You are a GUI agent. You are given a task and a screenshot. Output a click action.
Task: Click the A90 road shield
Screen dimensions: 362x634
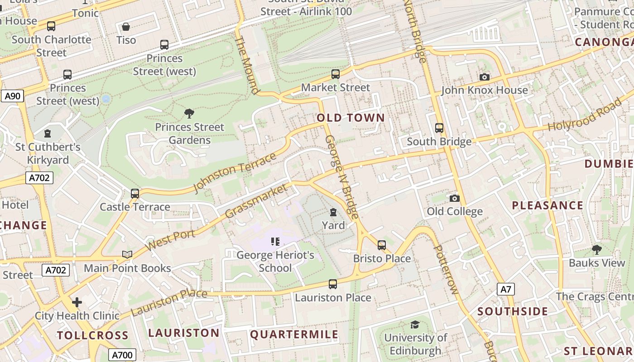12,96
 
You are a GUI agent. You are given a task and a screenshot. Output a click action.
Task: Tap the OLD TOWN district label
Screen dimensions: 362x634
351,118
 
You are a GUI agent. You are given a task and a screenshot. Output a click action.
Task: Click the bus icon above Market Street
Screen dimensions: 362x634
336,74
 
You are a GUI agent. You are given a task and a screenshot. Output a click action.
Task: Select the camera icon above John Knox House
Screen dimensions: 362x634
485,77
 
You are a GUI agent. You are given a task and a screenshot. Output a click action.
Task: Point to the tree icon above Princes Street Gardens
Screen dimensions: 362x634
189,113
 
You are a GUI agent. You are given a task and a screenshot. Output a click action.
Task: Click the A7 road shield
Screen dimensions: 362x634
506,289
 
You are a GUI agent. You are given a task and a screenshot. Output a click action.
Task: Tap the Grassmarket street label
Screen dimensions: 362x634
256,201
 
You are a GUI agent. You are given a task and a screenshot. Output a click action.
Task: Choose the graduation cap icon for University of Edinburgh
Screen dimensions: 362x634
415,324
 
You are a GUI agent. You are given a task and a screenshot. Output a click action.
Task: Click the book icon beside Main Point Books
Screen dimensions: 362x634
127,255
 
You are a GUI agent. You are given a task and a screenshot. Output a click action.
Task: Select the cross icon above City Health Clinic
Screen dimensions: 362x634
77,302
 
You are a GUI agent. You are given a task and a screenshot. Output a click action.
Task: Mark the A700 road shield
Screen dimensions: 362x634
122,355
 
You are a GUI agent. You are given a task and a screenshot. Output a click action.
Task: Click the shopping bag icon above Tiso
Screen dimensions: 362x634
126,27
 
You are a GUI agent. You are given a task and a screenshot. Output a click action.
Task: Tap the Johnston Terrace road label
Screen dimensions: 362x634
235,172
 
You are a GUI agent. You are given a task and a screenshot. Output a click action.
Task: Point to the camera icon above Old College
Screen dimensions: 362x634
455,198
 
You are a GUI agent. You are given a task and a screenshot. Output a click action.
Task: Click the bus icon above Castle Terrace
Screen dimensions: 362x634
135,194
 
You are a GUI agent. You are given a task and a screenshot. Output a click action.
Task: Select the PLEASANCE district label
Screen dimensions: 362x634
547,205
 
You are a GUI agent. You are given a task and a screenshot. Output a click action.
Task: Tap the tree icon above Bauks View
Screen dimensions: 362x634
597,249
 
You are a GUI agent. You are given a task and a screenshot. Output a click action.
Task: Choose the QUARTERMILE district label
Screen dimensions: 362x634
294,335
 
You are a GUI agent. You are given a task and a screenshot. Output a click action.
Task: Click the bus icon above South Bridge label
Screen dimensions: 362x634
439,128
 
